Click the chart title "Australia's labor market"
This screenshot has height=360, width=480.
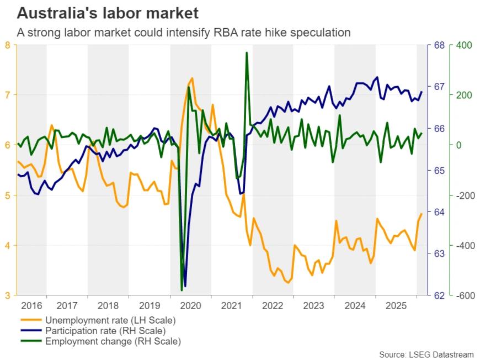[108, 13]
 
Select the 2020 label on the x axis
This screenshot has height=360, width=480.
[190, 305]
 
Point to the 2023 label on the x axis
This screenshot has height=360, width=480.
[314, 305]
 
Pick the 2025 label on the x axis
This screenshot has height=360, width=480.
[396, 305]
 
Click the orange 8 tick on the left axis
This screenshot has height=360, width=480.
[7, 45]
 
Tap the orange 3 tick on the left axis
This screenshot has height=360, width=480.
[7, 295]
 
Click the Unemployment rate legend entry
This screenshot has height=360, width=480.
[110, 320]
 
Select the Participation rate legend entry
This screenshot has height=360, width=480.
[105, 331]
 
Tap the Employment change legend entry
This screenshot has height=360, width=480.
[113, 341]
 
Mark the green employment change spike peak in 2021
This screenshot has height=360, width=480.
[246, 53]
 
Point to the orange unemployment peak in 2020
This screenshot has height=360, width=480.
[192, 78]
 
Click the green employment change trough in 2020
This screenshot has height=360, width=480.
[182, 290]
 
